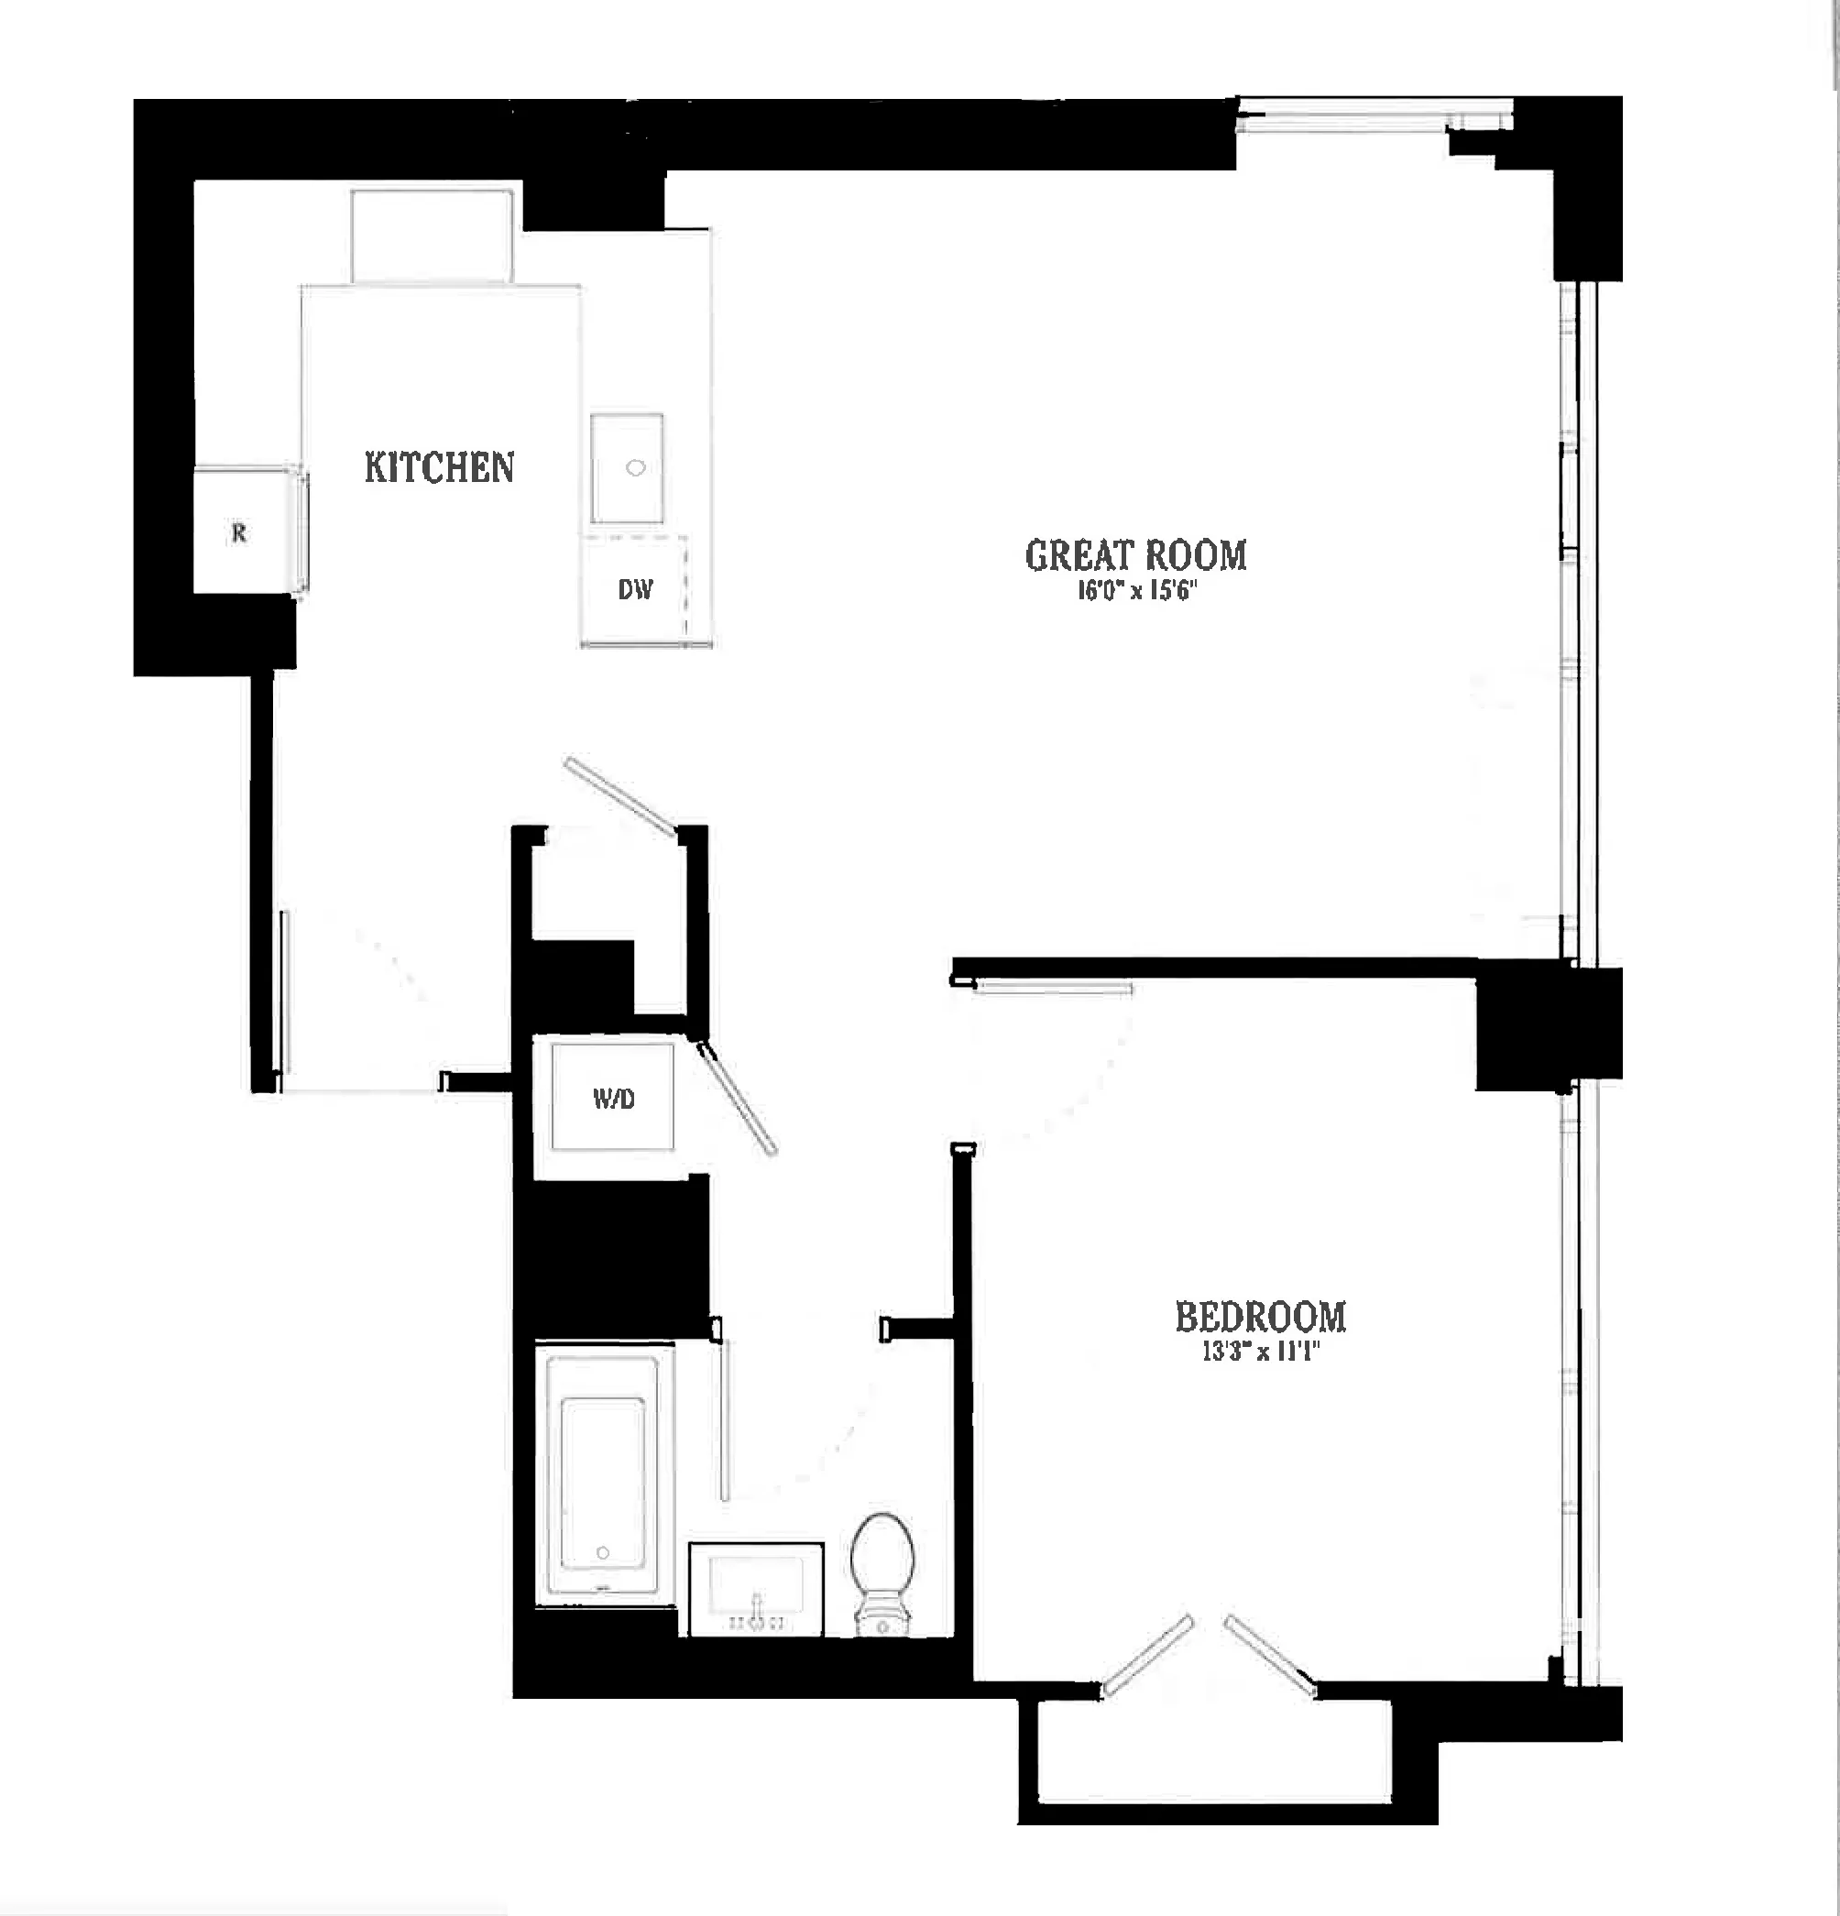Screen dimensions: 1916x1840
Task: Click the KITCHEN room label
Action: (439, 467)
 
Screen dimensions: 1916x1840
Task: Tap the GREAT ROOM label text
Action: (1135, 555)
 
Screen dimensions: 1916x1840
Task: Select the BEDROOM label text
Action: (1260, 1317)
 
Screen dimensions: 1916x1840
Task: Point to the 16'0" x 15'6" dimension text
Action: (1136, 591)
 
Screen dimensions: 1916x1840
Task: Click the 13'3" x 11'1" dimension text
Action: (1260, 1352)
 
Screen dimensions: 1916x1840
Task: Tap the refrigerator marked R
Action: (239, 532)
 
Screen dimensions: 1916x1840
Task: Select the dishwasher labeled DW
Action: (634, 589)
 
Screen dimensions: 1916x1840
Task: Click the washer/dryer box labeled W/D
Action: (613, 1098)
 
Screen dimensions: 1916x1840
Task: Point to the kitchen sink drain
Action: (636, 468)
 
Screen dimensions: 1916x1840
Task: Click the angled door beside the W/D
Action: (739, 1098)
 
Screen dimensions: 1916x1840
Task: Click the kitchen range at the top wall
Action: (433, 235)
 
